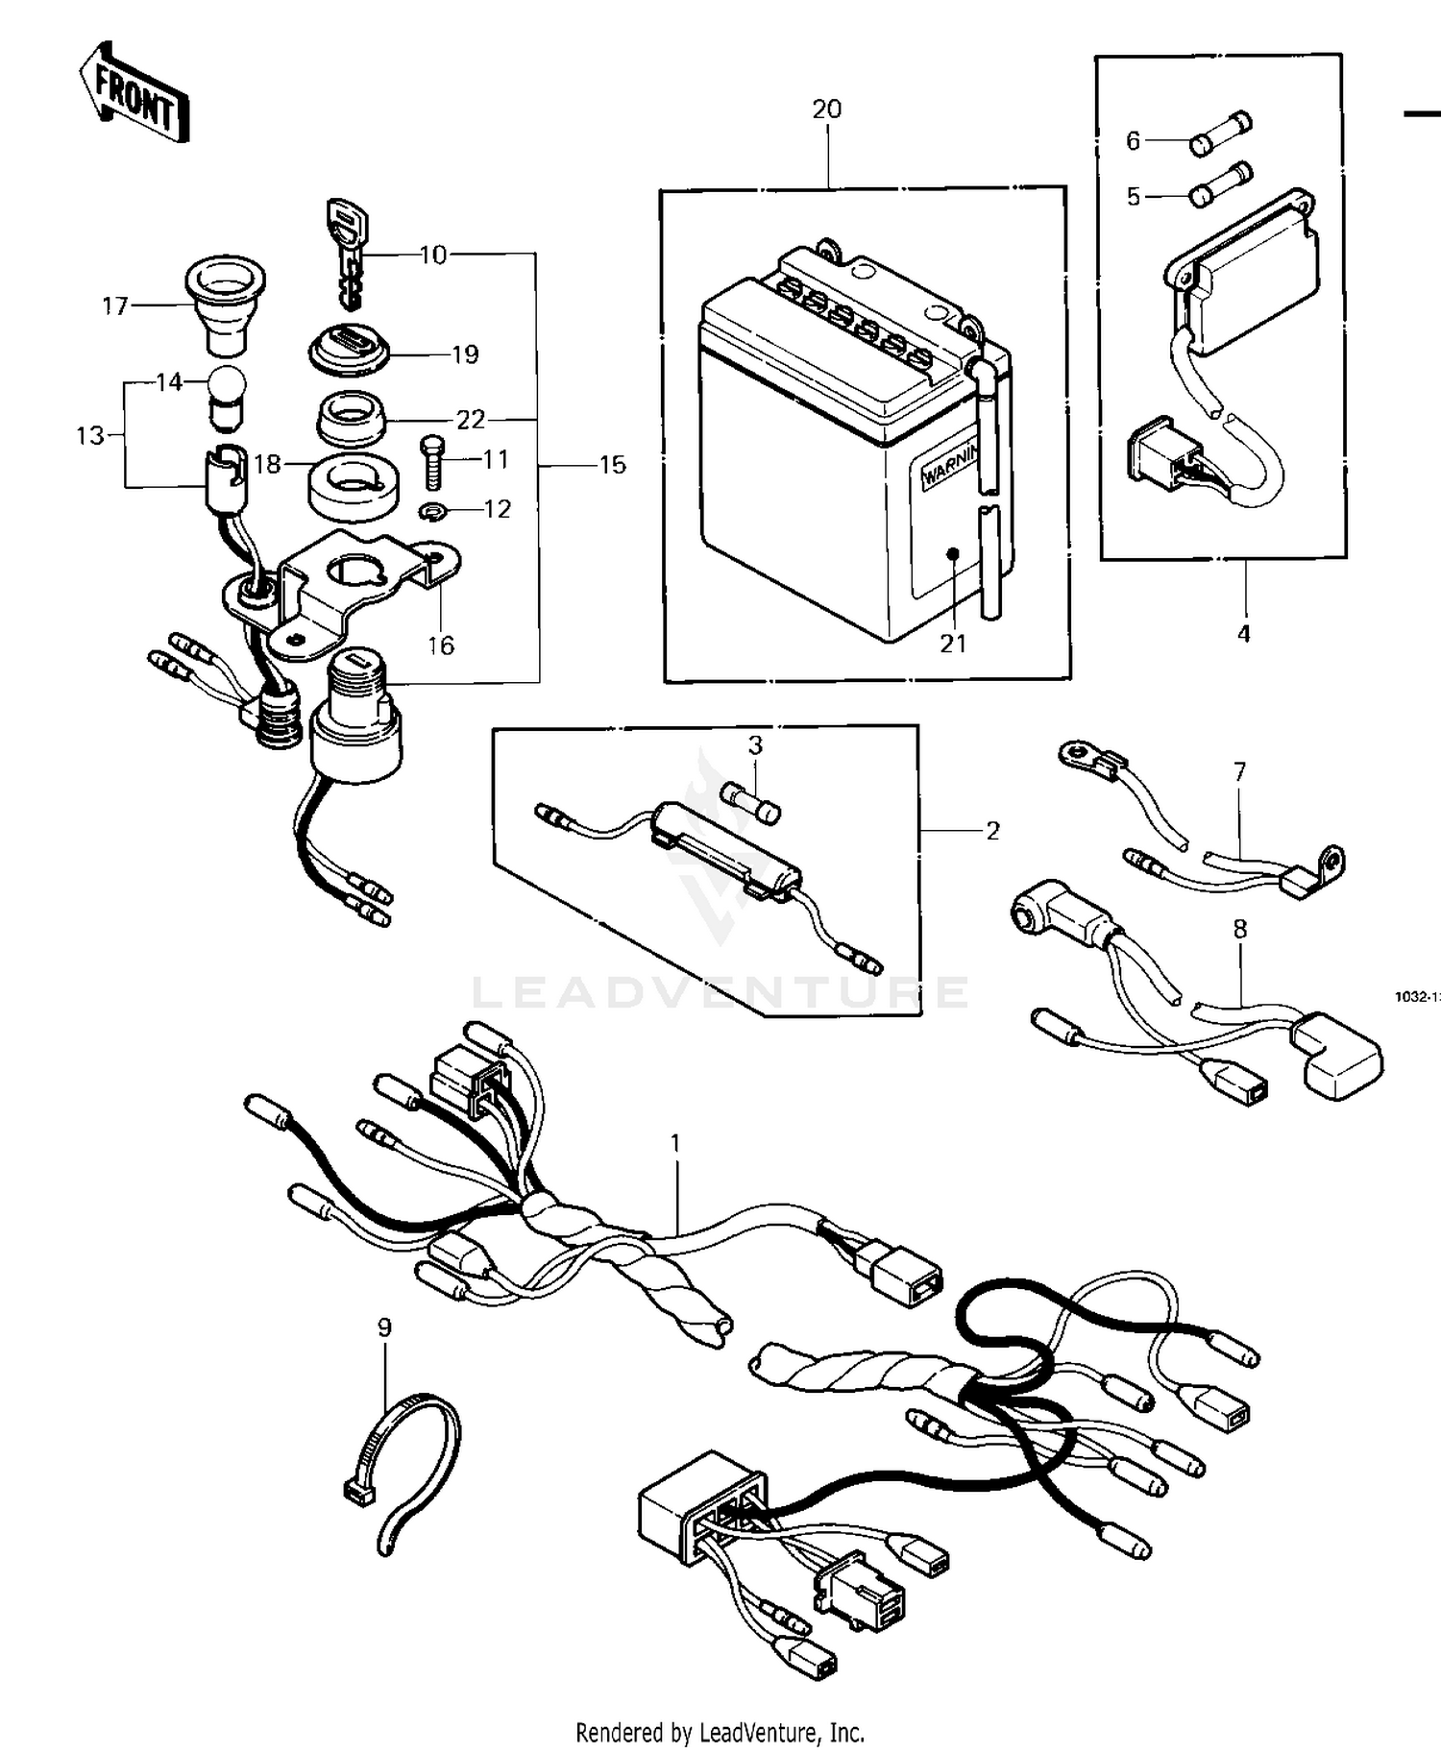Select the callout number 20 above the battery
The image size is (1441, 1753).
pos(826,110)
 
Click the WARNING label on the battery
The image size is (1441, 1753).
pos(951,466)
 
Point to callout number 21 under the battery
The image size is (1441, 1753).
pos(952,644)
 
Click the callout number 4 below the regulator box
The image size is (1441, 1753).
pos(1243,633)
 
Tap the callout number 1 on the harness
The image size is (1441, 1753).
pos(675,1142)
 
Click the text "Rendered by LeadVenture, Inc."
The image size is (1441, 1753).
pos(720,1733)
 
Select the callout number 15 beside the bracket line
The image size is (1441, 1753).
pos(612,465)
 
